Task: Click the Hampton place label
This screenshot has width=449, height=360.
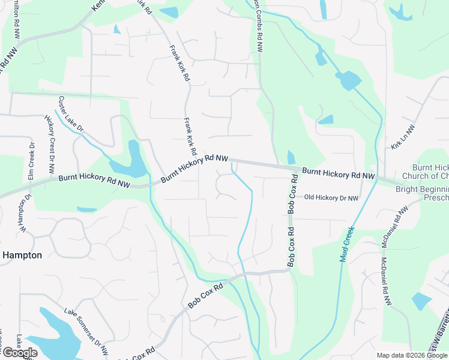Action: click(22, 255)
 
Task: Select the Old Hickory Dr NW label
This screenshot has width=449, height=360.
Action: click(331, 197)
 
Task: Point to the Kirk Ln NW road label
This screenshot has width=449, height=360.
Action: click(403, 137)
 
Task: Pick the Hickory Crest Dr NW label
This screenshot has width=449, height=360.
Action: click(50, 142)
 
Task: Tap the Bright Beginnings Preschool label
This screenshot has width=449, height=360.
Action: click(423, 193)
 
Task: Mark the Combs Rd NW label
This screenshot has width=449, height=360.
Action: click(259, 27)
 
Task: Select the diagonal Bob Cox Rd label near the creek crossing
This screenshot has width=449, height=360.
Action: click(205, 296)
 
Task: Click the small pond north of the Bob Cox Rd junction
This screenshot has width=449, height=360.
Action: click(292, 157)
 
